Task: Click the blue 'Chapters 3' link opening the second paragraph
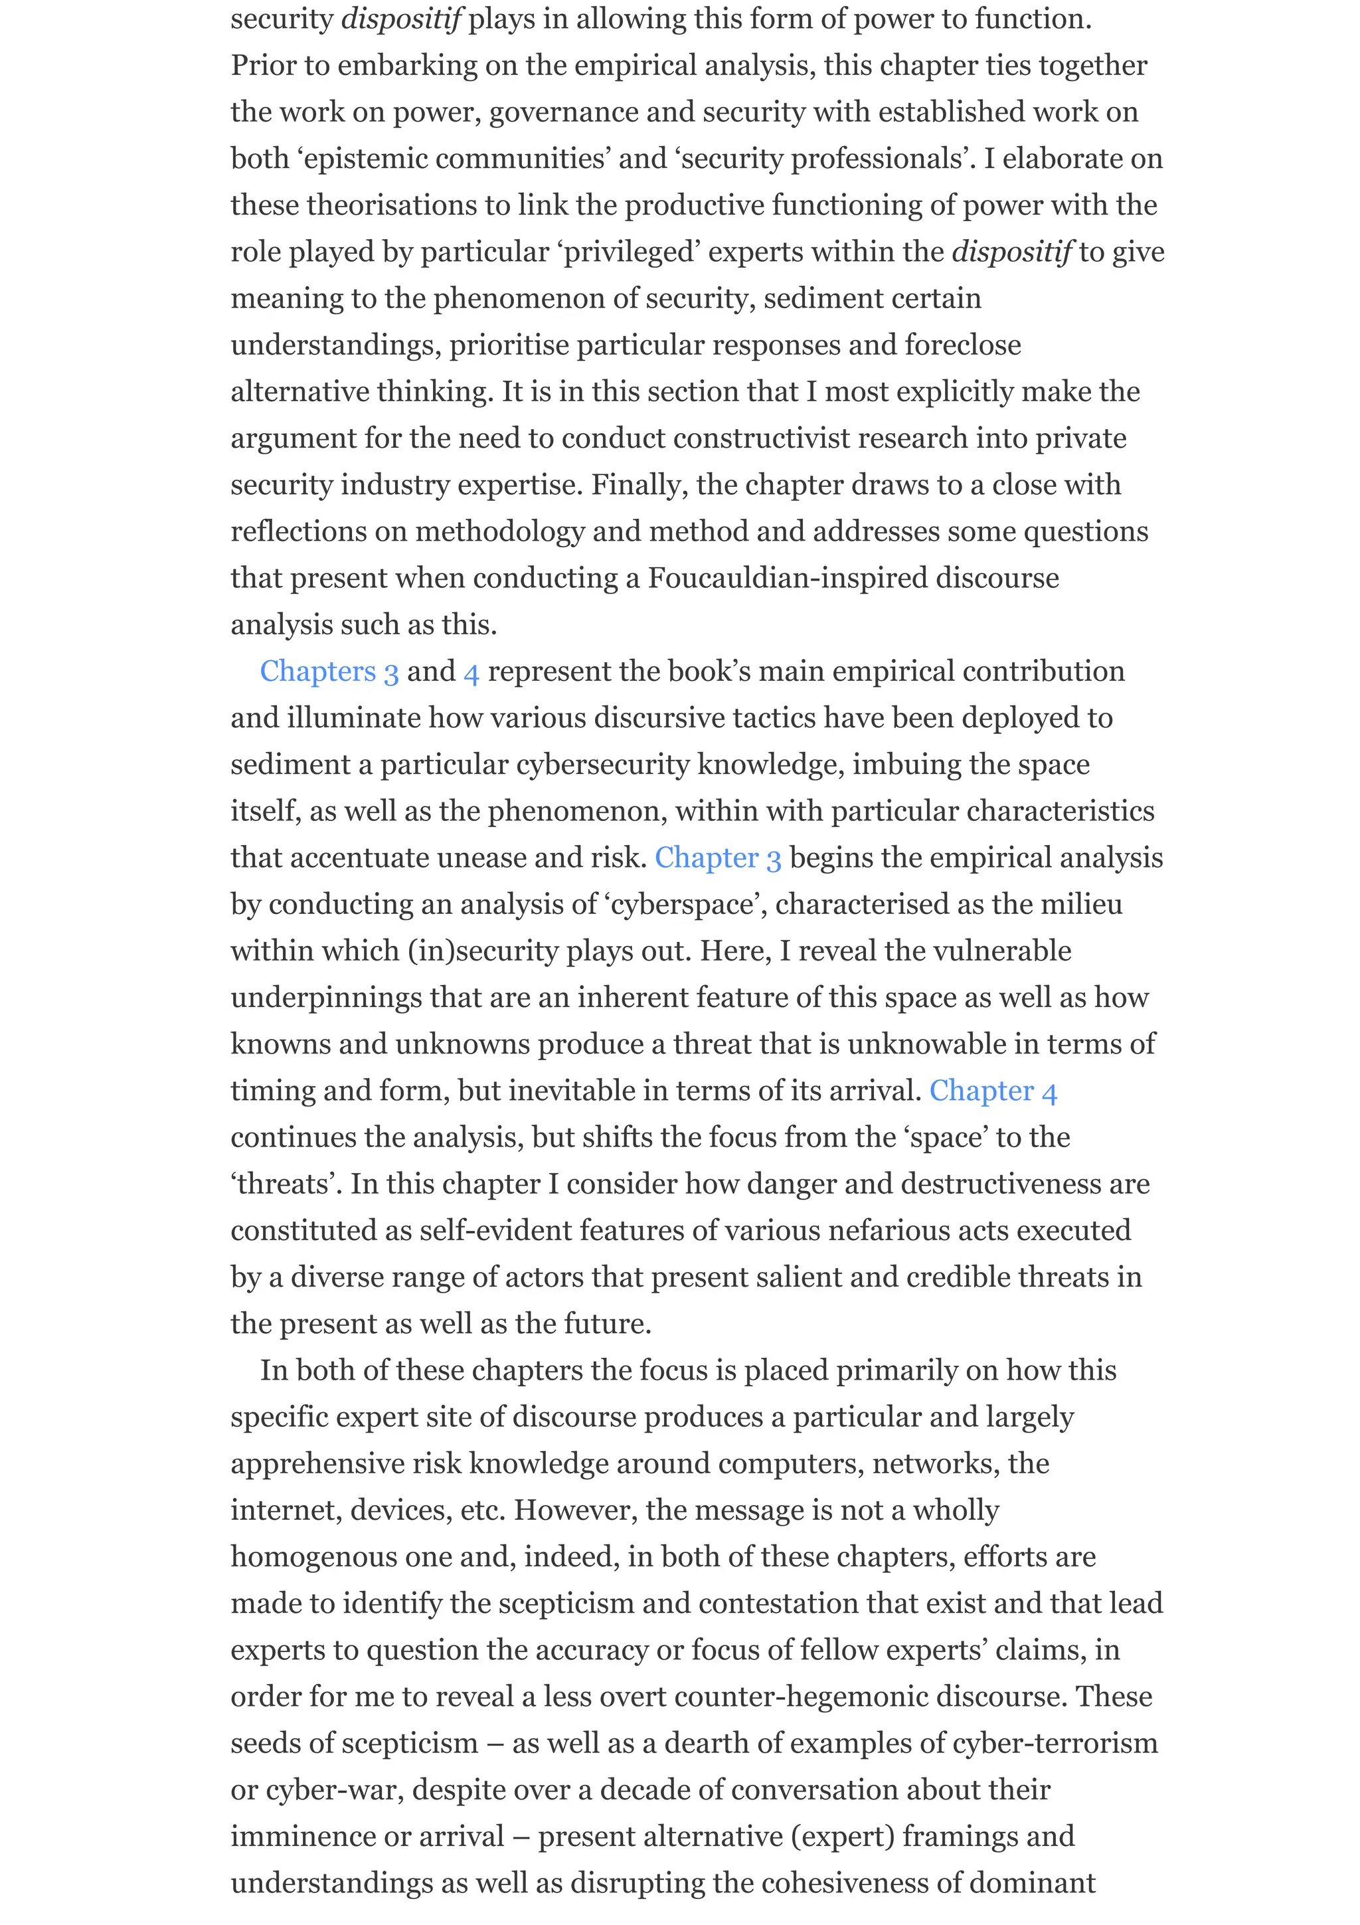(329, 672)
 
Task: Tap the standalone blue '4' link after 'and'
(471, 672)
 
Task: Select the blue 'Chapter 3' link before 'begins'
(717, 858)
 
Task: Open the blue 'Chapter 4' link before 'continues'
(993, 1091)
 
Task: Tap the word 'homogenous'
(313, 1556)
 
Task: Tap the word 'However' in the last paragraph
(576, 1510)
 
